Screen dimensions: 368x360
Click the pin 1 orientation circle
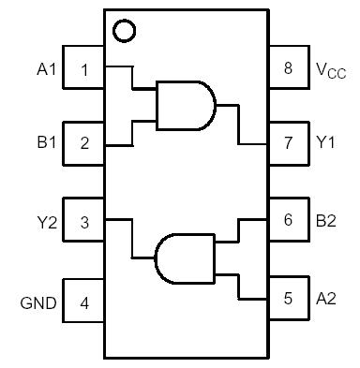point(123,31)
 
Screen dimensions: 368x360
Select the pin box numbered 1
point(84,68)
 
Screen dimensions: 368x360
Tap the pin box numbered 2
point(84,143)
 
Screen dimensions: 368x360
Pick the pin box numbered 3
point(84,222)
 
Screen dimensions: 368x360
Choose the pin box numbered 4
point(84,302)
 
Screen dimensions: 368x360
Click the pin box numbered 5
point(288,299)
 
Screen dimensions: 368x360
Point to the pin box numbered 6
point(288,220)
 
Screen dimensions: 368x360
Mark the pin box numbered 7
point(288,143)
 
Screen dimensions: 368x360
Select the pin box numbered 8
point(288,68)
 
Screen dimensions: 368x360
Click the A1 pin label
point(47,68)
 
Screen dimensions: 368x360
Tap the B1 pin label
point(47,143)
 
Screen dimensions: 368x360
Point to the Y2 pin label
point(47,222)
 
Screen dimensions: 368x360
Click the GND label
point(38,302)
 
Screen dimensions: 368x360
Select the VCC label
point(330,69)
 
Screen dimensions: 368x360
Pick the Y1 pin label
point(325,143)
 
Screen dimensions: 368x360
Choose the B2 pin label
point(325,220)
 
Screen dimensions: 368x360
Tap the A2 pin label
point(325,299)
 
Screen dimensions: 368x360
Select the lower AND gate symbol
point(184,257)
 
